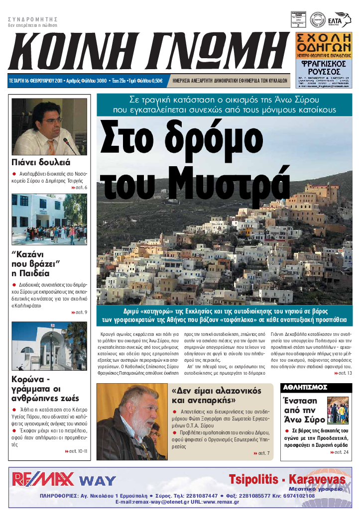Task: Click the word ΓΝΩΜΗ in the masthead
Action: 214,52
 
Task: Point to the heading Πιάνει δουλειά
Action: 41,162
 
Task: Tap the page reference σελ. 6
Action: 79,188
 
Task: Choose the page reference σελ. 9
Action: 79,312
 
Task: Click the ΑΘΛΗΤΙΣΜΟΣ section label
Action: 305,387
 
